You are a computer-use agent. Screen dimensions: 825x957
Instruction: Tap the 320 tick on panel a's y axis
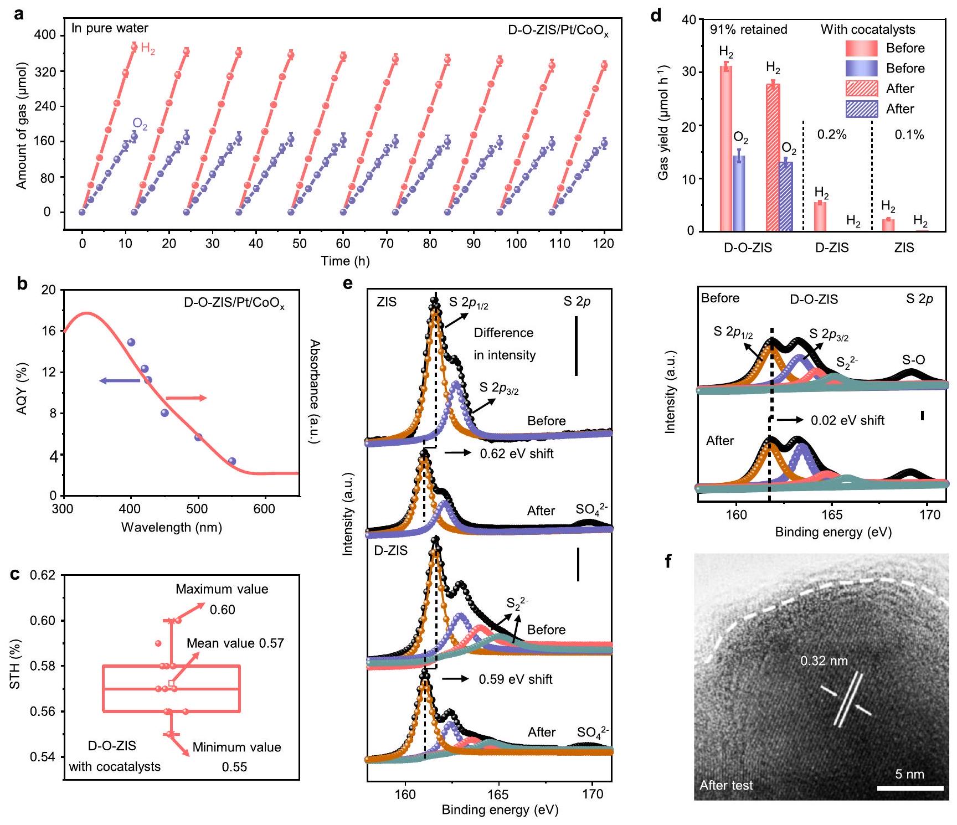[45, 71]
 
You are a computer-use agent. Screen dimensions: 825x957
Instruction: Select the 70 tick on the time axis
[387, 244]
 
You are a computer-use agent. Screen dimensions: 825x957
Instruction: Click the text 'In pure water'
[110, 28]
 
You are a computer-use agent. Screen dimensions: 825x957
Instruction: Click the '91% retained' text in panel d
[748, 29]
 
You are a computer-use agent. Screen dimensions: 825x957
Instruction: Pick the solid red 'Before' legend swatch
[861, 48]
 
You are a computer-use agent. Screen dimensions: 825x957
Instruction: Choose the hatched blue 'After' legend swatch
[861, 109]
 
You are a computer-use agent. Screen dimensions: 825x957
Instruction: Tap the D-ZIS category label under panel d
[832, 248]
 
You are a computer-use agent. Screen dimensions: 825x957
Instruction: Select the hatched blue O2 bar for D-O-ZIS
[786, 196]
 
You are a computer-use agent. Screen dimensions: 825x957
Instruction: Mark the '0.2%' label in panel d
[832, 135]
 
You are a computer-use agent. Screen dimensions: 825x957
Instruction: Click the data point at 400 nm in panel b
[131, 342]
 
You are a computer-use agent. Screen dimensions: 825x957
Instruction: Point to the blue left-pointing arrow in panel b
[119, 381]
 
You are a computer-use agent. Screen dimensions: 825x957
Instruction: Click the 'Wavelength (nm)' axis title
[172, 527]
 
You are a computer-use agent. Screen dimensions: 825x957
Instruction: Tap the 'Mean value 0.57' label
[235, 643]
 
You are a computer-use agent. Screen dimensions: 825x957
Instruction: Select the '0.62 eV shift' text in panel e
[516, 453]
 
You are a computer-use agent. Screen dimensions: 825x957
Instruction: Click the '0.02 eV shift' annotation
[847, 420]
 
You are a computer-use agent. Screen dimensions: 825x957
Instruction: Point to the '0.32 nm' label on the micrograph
[824, 661]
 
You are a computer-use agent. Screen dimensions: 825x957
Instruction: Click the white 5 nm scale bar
[910, 788]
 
